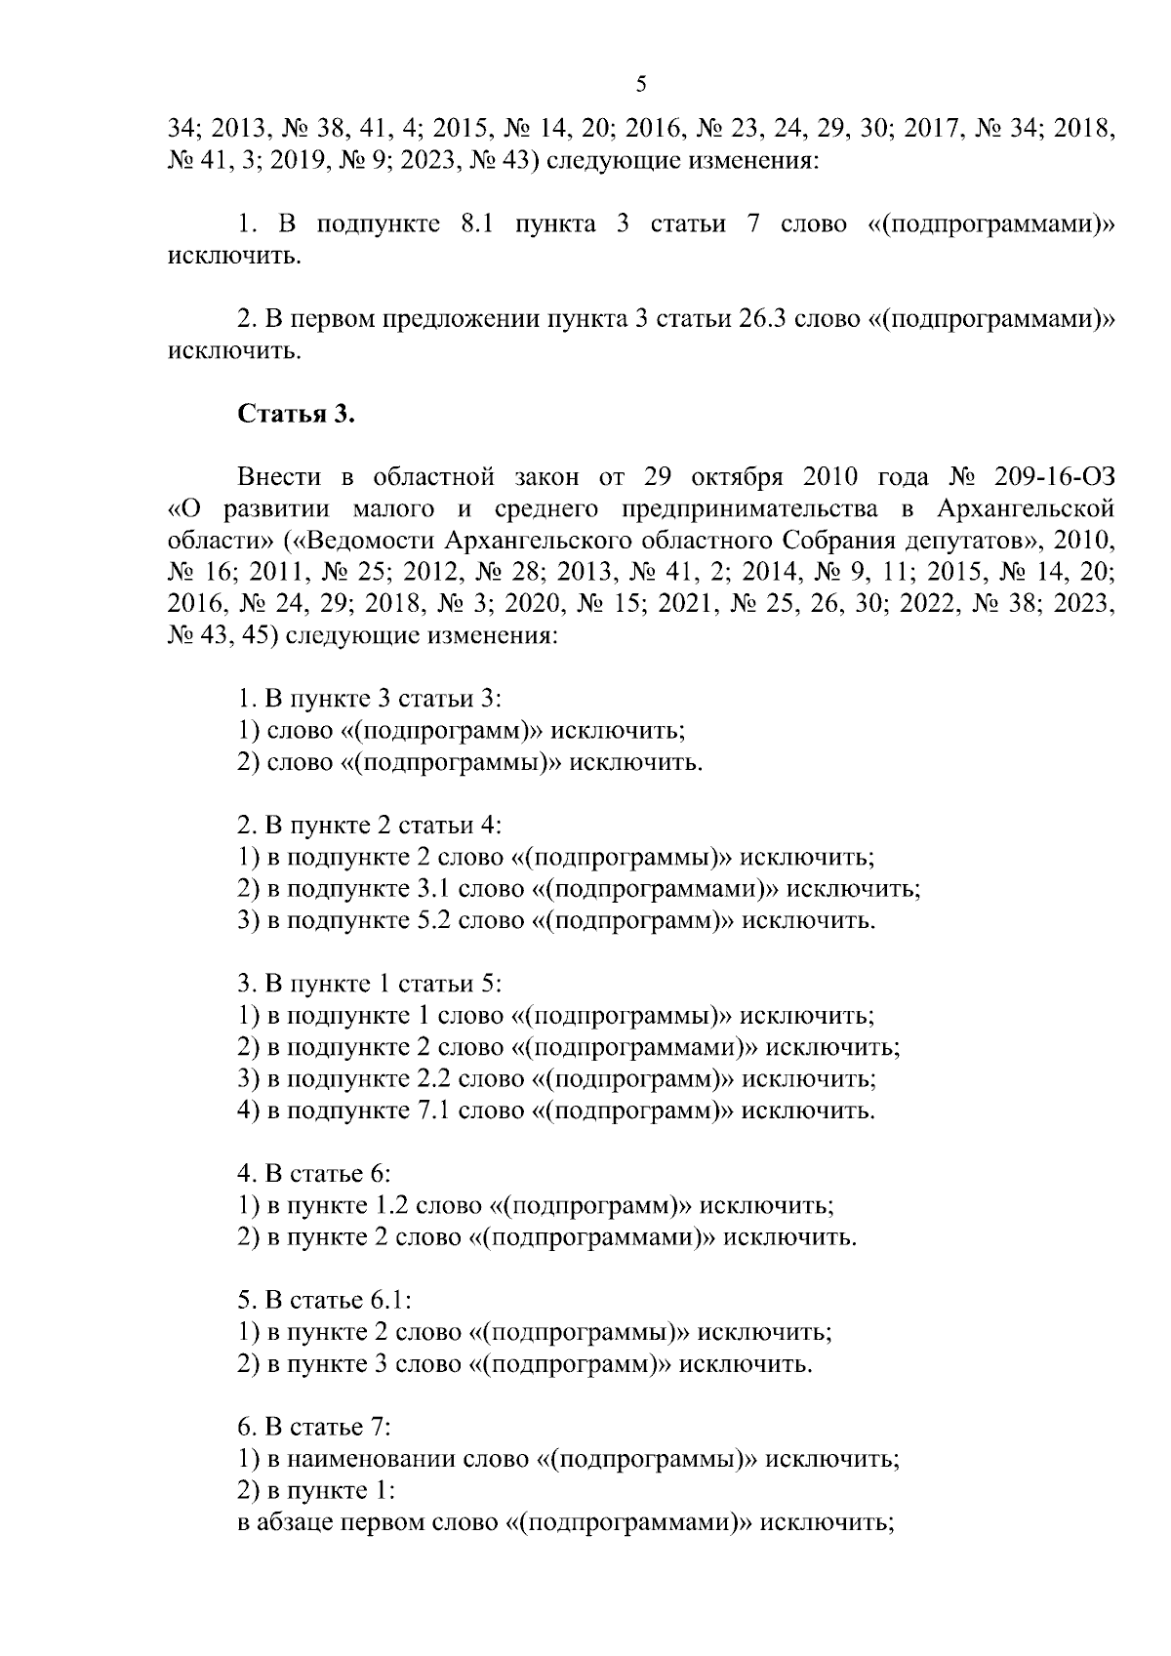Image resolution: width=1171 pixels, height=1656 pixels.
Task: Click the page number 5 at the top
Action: pos(641,85)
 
